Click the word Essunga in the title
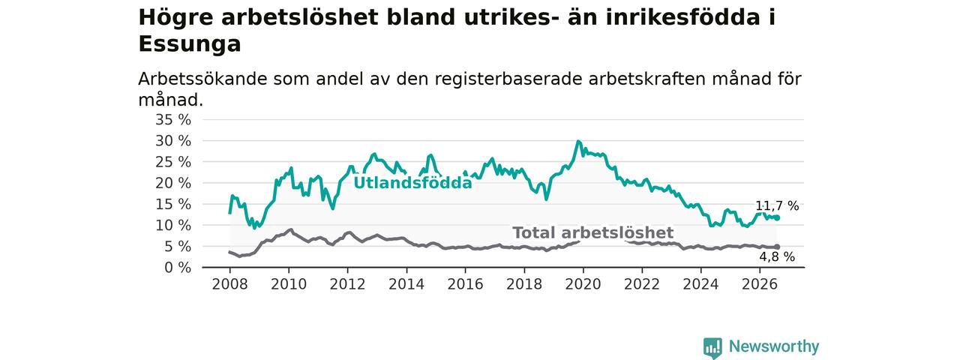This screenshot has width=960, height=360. (190, 44)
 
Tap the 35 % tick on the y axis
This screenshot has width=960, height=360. (173, 119)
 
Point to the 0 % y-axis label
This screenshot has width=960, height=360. (178, 268)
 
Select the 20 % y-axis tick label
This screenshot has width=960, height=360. (173, 183)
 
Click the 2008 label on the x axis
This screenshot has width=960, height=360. (229, 284)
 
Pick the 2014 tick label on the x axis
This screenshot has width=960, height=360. (406, 284)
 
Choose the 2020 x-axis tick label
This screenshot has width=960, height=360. (583, 284)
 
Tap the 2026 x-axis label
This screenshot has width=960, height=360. (760, 284)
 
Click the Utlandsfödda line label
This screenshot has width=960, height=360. (412, 183)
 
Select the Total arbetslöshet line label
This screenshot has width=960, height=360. (593, 232)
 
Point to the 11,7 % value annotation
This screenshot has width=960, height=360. (777, 206)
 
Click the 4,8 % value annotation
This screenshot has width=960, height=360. (777, 256)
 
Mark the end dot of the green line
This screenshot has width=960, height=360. (777, 218)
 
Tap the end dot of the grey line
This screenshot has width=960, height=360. (777, 247)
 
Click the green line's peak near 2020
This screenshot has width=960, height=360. (578, 141)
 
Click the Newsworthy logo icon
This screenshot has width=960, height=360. (712, 347)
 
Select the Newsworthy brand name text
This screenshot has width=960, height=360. (774, 346)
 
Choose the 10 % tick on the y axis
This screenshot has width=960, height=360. (173, 225)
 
